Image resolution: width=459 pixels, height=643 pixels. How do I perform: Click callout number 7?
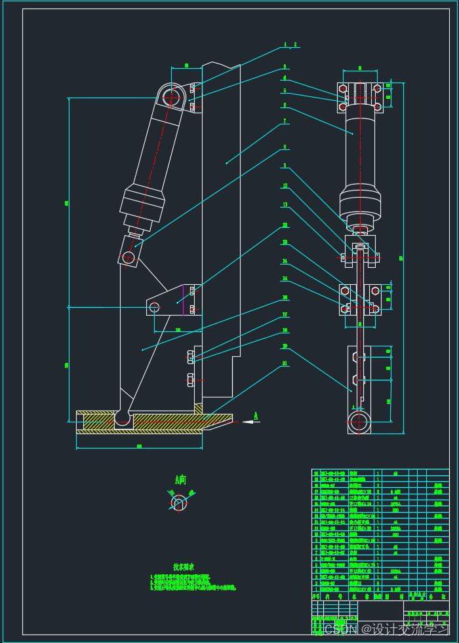[x=285, y=121]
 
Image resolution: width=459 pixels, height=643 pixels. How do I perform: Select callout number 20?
[x=285, y=363]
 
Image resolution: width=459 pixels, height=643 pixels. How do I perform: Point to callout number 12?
[x=285, y=225]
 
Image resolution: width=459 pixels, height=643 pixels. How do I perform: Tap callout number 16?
[x=285, y=297]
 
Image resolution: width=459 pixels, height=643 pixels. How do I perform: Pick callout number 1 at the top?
[x=285, y=45]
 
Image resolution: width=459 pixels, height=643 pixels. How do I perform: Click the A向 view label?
[x=180, y=480]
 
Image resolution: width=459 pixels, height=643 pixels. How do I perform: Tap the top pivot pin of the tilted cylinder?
[x=172, y=98]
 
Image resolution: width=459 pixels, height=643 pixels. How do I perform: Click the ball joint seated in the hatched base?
[x=123, y=417]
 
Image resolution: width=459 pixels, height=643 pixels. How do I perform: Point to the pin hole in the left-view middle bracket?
[x=155, y=306]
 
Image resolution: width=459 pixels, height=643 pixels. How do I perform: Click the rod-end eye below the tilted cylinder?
[x=129, y=258]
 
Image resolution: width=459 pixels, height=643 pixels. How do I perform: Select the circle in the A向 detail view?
[x=178, y=503]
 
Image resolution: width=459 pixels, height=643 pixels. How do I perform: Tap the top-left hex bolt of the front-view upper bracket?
[x=343, y=88]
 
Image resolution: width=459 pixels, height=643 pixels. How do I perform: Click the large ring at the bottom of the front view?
[x=358, y=422]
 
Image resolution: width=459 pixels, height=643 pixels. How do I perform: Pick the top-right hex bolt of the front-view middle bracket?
[x=376, y=290]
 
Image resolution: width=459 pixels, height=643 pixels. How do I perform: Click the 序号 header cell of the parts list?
[x=316, y=597]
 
